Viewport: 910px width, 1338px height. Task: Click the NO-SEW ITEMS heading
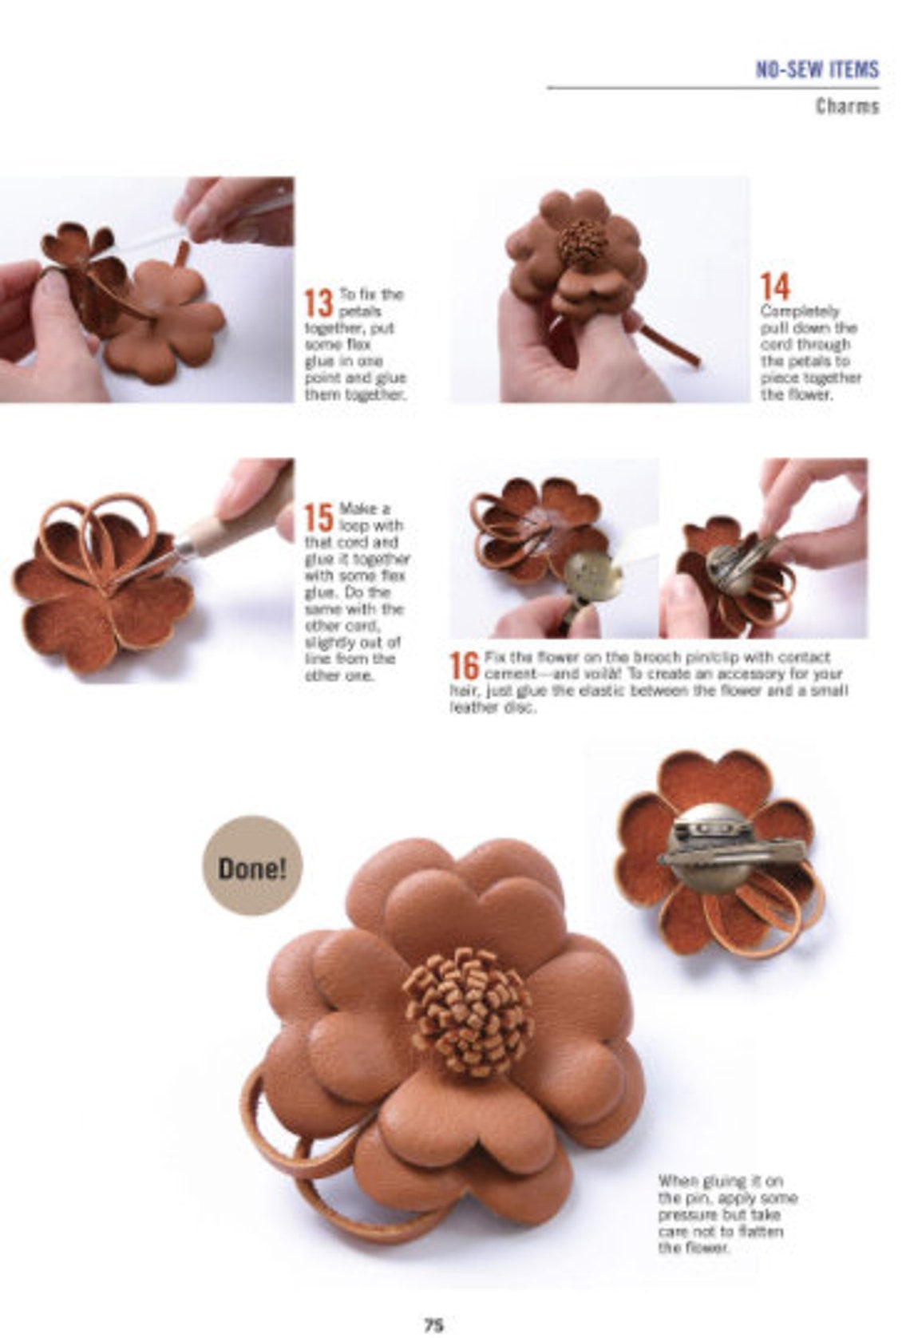point(817,69)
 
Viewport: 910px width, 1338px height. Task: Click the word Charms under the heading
point(847,106)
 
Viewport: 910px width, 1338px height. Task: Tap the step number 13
point(318,303)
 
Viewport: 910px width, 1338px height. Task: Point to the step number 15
point(318,517)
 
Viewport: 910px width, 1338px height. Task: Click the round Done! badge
point(252,866)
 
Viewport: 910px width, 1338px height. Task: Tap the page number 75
point(433,1324)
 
